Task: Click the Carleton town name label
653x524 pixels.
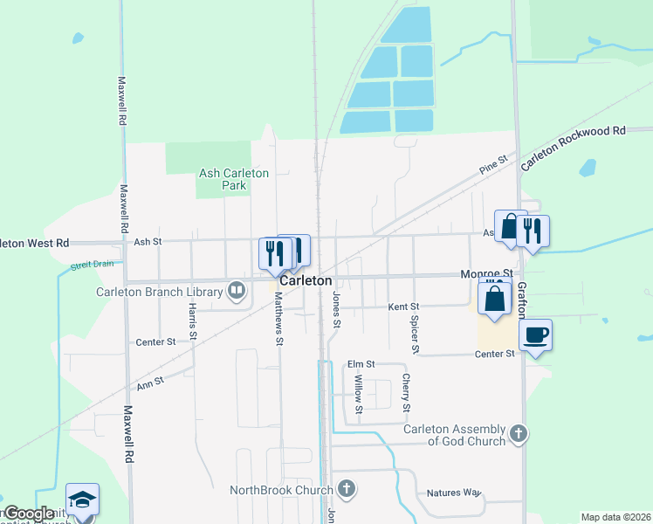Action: tap(306, 281)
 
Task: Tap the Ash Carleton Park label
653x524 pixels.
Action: tap(234, 179)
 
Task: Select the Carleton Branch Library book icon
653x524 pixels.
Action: tap(236, 290)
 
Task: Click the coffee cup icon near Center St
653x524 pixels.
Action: tap(535, 334)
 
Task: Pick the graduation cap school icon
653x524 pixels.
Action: tap(82, 499)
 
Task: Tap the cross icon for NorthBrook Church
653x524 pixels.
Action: tap(347, 489)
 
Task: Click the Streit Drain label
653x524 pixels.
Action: tap(93, 264)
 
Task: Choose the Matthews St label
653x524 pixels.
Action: tap(278, 318)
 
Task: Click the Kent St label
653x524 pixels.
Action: tap(404, 307)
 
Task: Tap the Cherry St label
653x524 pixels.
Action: tap(406, 392)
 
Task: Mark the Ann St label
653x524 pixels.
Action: tap(150, 383)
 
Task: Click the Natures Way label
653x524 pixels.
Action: tap(454, 493)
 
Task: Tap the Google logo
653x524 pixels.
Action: tap(28, 514)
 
